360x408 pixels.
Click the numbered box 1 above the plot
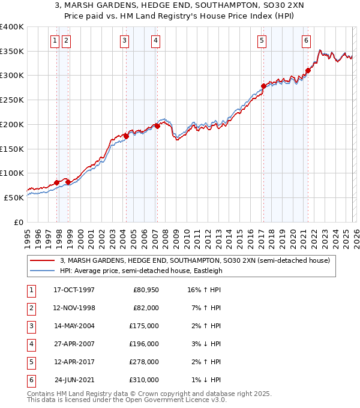click(x=55, y=41)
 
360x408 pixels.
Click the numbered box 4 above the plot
click(x=155, y=41)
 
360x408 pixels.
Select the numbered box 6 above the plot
click(x=306, y=41)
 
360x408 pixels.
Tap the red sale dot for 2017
click(x=263, y=86)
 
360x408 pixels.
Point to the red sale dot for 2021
click(x=308, y=70)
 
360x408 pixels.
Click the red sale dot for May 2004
click(x=126, y=136)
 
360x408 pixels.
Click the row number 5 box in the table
click(x=31, y=362)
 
